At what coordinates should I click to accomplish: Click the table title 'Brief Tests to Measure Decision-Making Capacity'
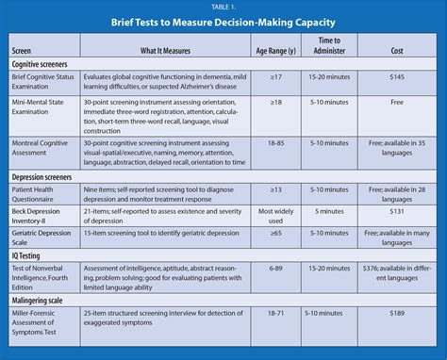[x=223, y=22]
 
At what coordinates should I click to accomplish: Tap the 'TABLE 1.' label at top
[x=223, y=7]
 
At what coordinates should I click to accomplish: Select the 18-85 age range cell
[x=277, y=142]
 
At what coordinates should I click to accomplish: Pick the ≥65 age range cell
[x=277, y=234]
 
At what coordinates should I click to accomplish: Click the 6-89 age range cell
[x=277, y=268]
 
